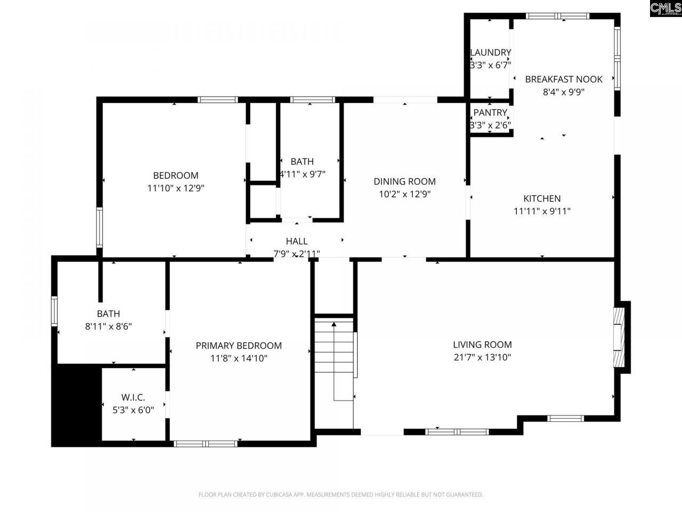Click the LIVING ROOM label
[482, 345]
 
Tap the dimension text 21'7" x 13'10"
[482, 357]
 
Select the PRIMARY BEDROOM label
[239, 346]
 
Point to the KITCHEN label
[542, 198]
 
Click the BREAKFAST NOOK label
[564, 79]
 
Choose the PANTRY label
[490, 113]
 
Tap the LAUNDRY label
[491, 52]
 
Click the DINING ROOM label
[404, 181]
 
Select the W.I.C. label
[133, 397]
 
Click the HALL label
[296, 241]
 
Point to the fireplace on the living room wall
[619, 337]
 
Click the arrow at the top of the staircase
[334, 323]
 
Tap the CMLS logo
[665, 9]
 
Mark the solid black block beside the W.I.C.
[76, 405]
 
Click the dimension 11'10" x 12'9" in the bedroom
[176, 188]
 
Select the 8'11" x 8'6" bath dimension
[108, 326]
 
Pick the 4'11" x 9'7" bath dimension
[303, 174]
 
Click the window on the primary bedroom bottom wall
[206, 443]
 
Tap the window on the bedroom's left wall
[99, 228]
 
